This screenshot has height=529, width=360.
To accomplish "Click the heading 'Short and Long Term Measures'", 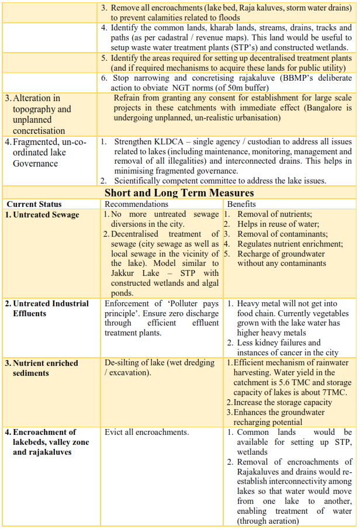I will pos(179,193).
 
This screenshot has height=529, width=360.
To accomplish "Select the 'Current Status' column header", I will pos(34,204).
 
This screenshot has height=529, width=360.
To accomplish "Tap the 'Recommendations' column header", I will pos(136,204).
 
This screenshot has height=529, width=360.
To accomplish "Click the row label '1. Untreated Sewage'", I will pos(42,215).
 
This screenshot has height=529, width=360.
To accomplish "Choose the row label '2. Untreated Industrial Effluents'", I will pos(47,308).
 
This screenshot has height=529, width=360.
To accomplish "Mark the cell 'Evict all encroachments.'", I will pos(147,432).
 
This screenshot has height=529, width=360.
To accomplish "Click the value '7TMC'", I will pos(337,392).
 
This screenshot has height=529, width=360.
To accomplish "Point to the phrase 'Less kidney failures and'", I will pos(279,343).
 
